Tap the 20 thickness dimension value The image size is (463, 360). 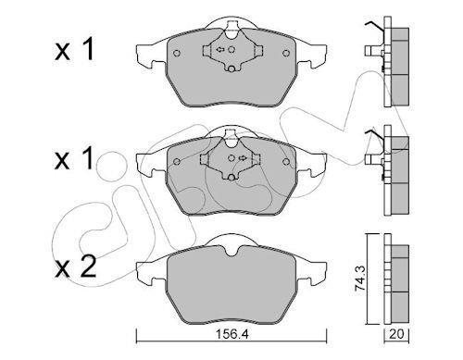[396, 335]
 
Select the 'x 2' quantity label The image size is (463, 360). [75, 267]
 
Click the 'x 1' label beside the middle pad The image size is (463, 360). [74, 158]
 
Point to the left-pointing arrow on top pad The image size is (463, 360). [220, 49]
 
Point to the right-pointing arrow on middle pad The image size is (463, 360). [243, 158]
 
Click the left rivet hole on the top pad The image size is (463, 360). [177, 53]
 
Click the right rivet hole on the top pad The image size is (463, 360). [286, 53]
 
